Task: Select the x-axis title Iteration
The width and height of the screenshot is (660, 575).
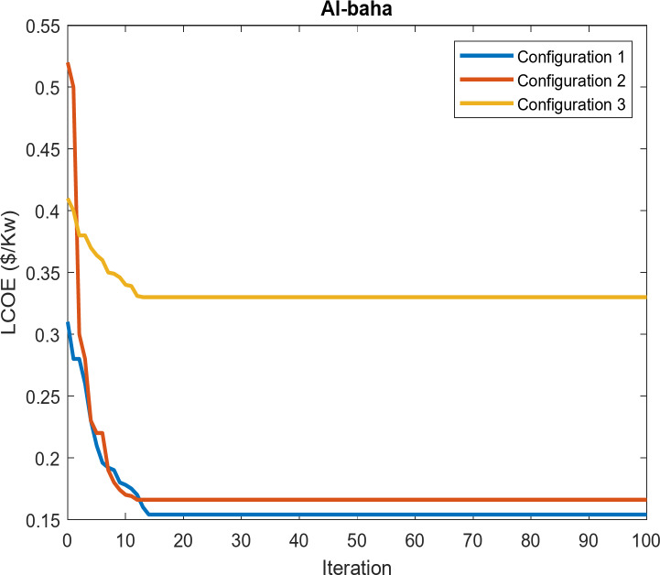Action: point(356,567)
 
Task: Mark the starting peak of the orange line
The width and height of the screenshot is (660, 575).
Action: point(68,64)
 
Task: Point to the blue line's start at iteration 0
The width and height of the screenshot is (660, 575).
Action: point(68,323)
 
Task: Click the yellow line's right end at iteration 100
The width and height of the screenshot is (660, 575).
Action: point(645,297)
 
